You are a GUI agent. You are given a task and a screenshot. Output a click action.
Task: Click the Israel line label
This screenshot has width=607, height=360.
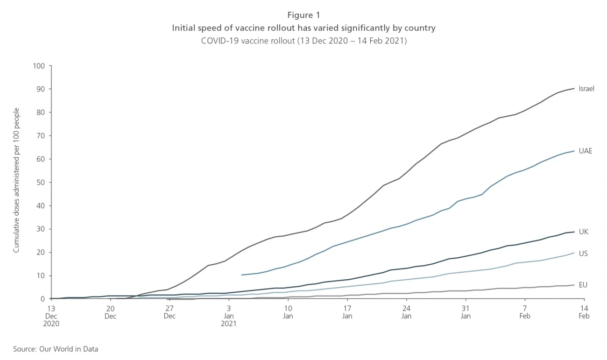tap(586, 89)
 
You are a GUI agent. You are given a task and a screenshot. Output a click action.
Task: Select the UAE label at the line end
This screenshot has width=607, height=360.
tap(585, 151)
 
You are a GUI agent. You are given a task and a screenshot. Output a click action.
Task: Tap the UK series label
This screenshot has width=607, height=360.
tap(583, 232)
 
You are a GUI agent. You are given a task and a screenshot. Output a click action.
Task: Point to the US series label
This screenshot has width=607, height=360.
tap(583, 254)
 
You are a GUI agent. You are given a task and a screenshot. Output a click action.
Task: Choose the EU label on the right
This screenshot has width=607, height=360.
tap(583, 285)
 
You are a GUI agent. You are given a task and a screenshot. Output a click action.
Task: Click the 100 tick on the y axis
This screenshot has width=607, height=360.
tap(39, 66)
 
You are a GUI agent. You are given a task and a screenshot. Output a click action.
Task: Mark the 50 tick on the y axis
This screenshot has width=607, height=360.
tap(41, 183)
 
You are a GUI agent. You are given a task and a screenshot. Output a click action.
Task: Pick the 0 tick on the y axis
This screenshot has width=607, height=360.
tap(42, 299)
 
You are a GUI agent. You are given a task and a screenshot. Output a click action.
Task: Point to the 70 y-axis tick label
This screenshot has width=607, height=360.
tap(41, 136)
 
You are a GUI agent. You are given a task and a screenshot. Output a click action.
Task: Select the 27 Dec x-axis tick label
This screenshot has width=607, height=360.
tap(169, 312)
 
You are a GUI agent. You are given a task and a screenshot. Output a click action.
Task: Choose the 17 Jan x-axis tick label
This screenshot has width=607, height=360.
tap(347, 312)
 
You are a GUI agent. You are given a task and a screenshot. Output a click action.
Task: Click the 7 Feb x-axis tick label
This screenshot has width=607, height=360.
tap(525, 312)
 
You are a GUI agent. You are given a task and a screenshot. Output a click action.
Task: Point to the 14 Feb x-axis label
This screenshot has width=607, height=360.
tap(584, 312)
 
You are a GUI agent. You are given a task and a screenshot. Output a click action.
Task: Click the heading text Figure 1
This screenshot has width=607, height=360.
tap(303, 15)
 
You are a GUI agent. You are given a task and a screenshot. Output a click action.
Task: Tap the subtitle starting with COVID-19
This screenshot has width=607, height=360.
tap(303, 41)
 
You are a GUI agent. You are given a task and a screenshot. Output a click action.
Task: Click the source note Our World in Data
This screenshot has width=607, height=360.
tap(56, 349)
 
